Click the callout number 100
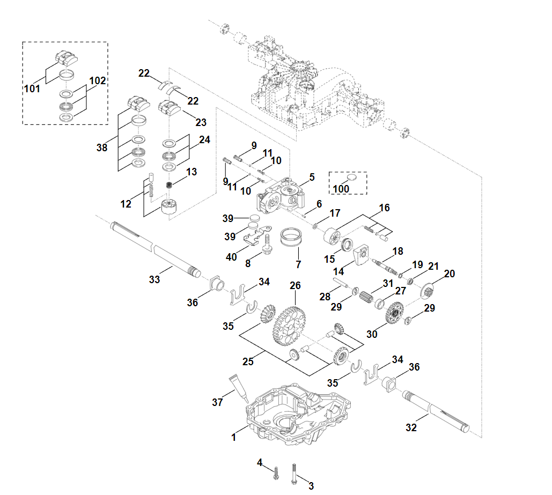341,189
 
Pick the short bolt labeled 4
276,472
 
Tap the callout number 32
411,427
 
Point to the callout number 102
98,81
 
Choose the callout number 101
32,88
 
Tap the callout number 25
247,361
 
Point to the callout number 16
385,208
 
